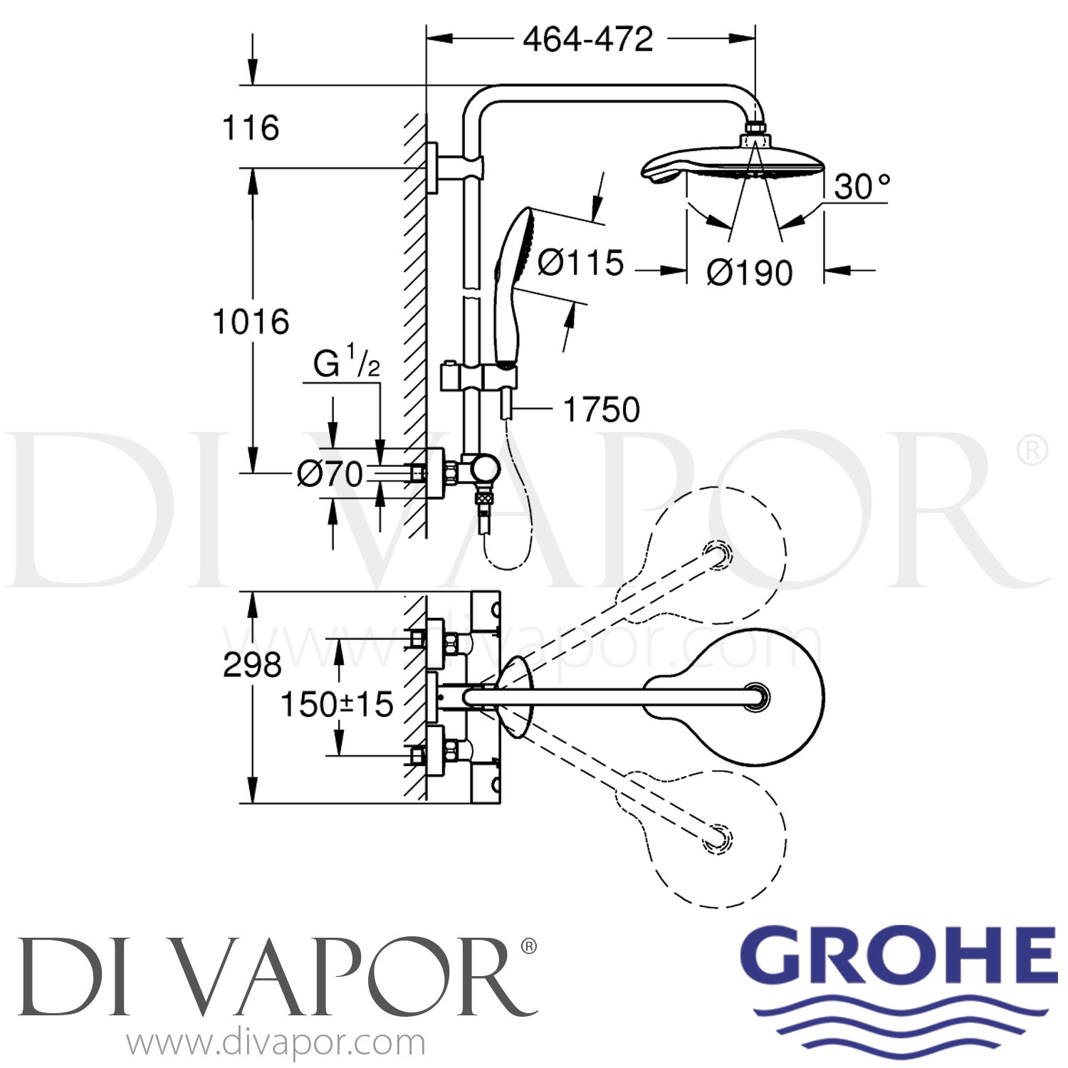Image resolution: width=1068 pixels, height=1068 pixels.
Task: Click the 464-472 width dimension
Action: click(588, 39)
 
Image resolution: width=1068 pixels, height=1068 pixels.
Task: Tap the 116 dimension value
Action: click(251, 128)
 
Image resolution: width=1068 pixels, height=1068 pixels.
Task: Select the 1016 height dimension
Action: click(251, 322)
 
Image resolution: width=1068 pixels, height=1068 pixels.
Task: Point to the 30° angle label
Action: click(862, 187)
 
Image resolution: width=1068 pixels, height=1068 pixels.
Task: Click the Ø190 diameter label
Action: click(749, 272)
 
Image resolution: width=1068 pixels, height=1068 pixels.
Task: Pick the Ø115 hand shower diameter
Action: click(580, 262)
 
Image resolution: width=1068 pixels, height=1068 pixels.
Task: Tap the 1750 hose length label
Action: click(602, 409)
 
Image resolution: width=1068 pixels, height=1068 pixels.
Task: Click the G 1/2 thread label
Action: click(347, 365)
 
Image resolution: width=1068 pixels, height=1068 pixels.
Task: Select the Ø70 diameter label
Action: click(330, 473)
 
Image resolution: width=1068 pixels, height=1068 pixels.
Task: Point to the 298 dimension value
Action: click(252, 664)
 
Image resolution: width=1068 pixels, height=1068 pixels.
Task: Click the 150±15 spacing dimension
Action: click(337, 704)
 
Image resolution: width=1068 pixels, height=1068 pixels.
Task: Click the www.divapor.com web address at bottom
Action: click(276, 1043)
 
